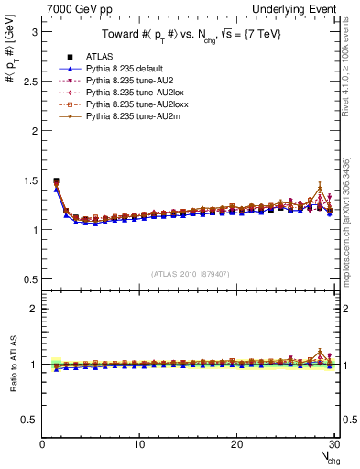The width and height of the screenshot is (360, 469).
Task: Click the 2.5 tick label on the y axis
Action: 29,82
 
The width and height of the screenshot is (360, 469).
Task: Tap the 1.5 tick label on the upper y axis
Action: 29,180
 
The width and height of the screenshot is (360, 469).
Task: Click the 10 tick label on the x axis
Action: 139,444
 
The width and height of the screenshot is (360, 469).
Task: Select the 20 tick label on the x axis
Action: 236,444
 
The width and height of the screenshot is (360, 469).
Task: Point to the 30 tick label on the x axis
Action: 333,444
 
